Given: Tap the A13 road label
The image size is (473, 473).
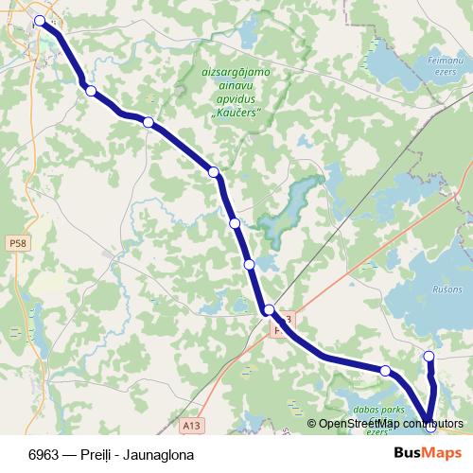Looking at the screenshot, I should tap(192, 427).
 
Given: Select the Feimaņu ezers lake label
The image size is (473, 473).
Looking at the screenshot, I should tap(443, 66).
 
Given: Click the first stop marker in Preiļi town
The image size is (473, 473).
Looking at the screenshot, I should tap(40, 21).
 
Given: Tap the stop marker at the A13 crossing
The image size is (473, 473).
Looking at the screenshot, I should tap(270, 310).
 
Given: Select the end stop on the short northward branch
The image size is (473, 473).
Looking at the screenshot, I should tap(429, 357).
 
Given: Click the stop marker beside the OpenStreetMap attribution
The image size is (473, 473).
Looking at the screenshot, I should tap(430, 426).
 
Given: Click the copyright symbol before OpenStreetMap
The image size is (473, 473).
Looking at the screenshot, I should tap(312, 424).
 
